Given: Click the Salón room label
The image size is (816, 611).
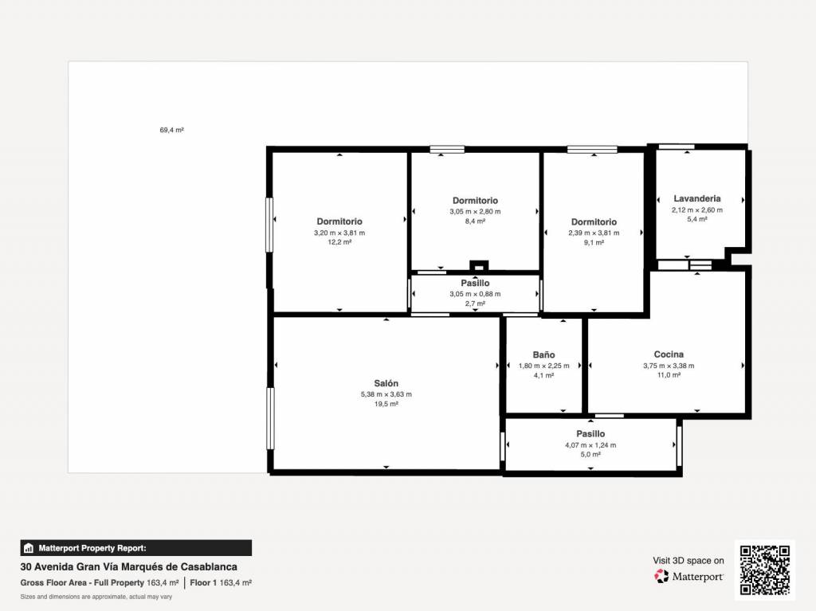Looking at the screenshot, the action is click(x=386, y=383).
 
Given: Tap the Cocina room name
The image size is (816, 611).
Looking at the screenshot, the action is click(x=669, y=354).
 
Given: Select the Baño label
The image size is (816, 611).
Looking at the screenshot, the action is click(x=543, y=354).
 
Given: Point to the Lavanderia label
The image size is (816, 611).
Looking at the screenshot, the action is click(x=696, y=198).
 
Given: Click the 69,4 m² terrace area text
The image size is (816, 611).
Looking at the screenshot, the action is click(x=172, y=130).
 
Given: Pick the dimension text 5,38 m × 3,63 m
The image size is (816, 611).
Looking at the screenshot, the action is click(x=386, y=394).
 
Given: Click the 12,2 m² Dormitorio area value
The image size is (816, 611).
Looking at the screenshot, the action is click(x=339, y=242).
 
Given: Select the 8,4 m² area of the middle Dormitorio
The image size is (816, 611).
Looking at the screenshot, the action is click(x=475, y=221).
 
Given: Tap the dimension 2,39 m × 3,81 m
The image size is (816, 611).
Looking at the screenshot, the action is click(x=594, y=233).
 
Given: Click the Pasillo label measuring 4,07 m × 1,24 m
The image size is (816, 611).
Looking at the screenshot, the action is click(x=590, y=433).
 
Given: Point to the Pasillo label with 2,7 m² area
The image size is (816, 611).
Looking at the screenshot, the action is click(x=475, y=283).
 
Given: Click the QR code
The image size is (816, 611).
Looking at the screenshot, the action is click(x=765, y=570).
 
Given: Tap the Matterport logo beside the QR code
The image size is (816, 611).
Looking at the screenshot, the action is click(x=688, y=576).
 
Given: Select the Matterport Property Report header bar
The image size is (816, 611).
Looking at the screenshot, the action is click(x=135, y=548).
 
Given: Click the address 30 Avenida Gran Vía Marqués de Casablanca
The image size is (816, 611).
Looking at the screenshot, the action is click(x=128, y=566).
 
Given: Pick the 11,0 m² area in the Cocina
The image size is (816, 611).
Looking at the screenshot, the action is click(x=669, y=374).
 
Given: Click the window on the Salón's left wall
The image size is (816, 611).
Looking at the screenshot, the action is click(x=270, y=418).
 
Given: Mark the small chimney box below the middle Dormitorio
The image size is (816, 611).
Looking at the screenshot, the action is click(x=479, y=265).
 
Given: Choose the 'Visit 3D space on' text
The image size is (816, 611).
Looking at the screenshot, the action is click(x=688, y=561).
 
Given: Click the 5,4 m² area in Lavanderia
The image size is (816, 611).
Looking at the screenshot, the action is click(x=696, y=219).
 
